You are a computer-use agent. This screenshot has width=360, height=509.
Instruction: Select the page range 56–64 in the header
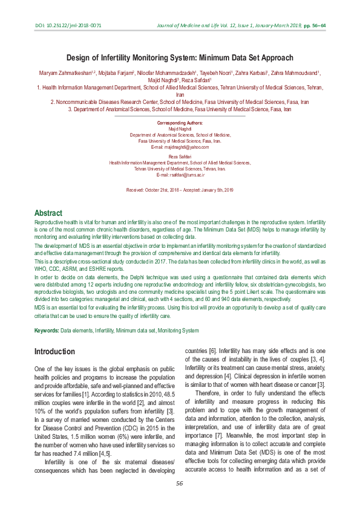316,26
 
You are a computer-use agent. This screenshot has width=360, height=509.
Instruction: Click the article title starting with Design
179,58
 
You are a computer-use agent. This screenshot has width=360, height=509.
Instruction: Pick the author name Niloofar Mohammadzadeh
174,73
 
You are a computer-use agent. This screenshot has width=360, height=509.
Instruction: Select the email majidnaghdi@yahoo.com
180,147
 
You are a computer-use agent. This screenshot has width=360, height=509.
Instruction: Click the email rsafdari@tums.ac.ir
180,175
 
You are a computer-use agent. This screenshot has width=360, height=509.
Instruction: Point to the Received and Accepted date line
180,190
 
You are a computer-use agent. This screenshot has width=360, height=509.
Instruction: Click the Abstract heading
48,213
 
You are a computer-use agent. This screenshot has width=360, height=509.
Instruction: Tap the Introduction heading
54,352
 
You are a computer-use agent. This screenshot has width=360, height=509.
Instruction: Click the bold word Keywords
46,331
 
